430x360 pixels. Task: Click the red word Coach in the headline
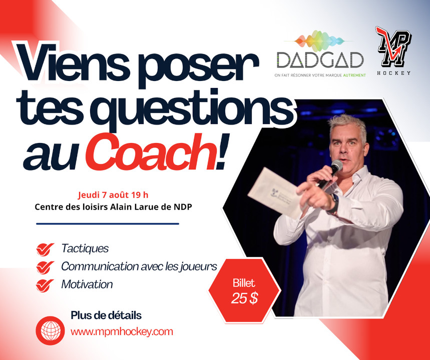(150, 152)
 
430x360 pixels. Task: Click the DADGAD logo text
(320, 60)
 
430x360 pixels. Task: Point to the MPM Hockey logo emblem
(393, 46)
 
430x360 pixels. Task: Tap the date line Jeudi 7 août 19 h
(113, 195)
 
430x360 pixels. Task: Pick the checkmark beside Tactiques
(45, 249)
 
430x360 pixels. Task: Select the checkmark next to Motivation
(45, 285)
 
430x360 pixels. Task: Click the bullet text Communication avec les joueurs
(139, 266)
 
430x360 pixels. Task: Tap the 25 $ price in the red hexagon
(244, 298)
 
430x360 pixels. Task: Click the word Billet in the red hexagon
(244, 282)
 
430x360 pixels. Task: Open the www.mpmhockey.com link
(122, 332)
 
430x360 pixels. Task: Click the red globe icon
(51, 330)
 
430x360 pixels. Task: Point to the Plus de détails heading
(106, 315)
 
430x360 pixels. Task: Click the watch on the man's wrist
(333, 204)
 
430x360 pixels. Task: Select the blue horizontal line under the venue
(108, 224)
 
